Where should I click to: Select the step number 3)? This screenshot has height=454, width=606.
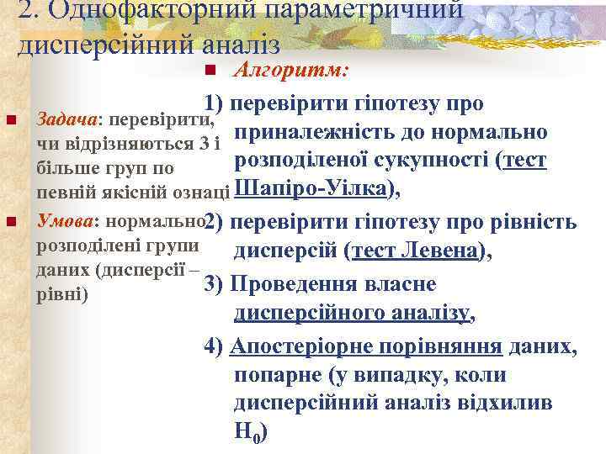pyautogui.click(x=214, y=284)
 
